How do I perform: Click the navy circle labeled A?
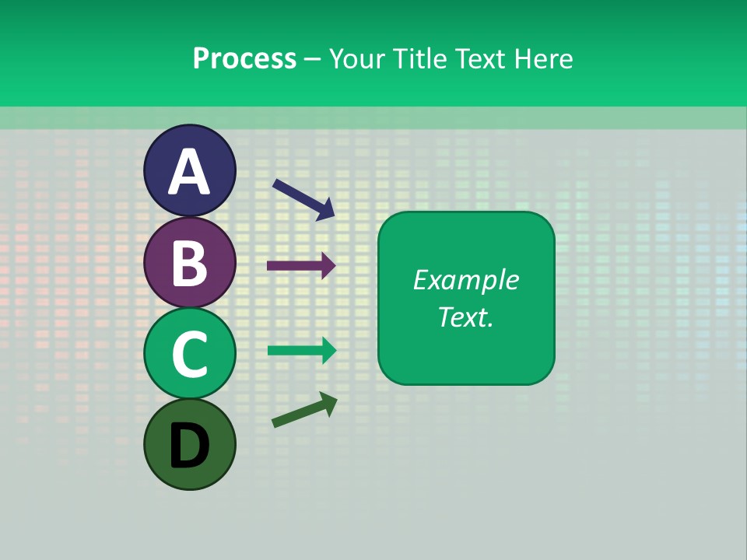(x=189, y=170)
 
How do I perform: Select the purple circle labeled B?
(x=189, y=262)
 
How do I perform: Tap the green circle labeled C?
(x=189, y=354)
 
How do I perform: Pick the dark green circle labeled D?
(x=189, y=444)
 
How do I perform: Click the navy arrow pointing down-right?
(x=303, y=198)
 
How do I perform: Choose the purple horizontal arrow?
(x=301, y=265)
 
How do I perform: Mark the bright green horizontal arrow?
(x=301, y=351)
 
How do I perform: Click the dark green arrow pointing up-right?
(x=304, y=410)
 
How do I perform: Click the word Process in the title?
(x=244, y=59)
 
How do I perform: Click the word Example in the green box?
(x=465, y=280)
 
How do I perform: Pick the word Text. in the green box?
(x=465, y=317)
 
